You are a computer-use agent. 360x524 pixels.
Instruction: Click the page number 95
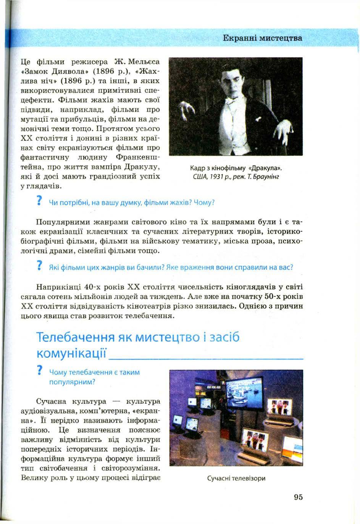pyautogui.click(x=298, y=497)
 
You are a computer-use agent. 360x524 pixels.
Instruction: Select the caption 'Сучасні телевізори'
pyautogui.click(x=236, y=478)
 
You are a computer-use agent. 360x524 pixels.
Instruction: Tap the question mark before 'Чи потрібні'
pyautogui.click(x=39, y=202)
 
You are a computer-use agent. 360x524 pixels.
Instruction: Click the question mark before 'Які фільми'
pyautogui.click(x=39, y=266)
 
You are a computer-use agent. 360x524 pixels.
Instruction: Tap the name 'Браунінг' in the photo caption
pyautogui.click(x=267, y=177)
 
